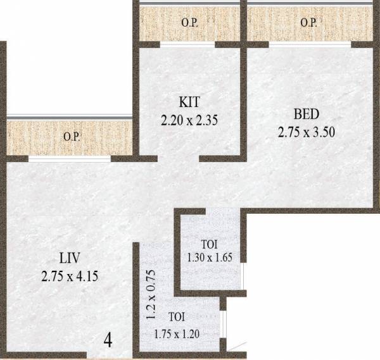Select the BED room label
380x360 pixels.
pos(306,115)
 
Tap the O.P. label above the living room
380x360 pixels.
pos(71,136)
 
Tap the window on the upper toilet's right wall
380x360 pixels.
pos(243,275)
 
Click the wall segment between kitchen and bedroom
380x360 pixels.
pos(243,101)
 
